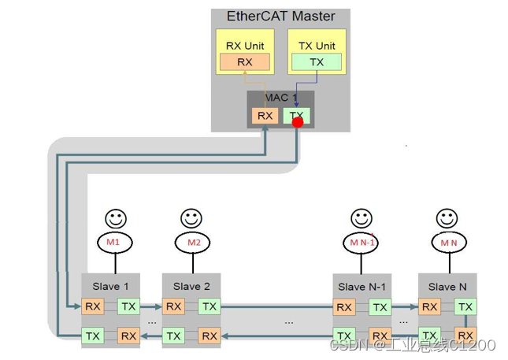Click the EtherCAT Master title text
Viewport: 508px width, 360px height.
point(280,16)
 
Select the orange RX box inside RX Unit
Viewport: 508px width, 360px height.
point(245,62)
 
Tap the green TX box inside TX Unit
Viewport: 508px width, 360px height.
point(316,62)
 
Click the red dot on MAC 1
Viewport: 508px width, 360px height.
point(298,122)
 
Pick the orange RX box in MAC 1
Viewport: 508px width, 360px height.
point(265,116)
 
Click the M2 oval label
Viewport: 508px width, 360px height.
point(192,243)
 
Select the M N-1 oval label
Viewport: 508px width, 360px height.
point(362,243)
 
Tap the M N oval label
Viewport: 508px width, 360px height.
point(447,243)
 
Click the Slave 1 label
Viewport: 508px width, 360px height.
point(112,286)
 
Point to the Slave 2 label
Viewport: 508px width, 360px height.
point(191,286)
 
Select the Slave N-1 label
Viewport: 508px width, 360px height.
point(362,286)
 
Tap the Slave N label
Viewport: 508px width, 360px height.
point(447,286)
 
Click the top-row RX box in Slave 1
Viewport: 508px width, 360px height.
point(94,306)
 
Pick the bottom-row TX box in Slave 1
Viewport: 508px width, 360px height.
point(94,336)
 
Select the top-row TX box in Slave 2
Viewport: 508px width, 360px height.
point(209,306)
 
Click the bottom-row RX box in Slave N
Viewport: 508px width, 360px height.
point(465,336)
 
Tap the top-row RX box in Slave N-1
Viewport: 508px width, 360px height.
point(344,306)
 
